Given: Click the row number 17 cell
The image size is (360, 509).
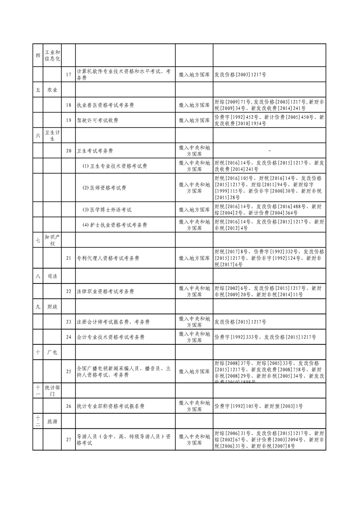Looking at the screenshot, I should click(69, 74).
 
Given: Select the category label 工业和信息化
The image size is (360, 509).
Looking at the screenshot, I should click(52, 55).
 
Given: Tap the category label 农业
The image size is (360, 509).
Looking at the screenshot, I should click(52, 90).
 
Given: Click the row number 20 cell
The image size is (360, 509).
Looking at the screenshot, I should click(69, 150).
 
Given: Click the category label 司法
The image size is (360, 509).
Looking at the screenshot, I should click(52, 276).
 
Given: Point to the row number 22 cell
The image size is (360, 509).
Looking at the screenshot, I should click(69, 291).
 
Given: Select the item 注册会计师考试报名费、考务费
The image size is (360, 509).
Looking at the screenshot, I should click(113, 322).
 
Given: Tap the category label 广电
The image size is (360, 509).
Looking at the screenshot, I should click(52, 352).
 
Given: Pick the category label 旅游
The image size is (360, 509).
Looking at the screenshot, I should click(52, 421).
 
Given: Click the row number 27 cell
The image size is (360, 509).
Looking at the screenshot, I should click(69, 440).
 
